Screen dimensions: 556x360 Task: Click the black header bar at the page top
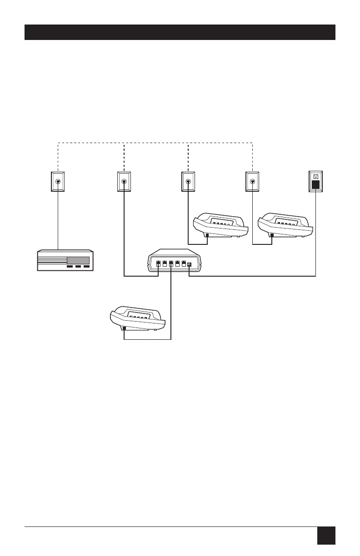(x=180, y=32)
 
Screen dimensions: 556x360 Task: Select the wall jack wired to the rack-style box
(x=58, y=181)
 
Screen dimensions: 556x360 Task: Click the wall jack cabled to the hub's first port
(x=124, y=181)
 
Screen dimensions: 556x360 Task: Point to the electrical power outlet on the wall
(x=315, y=181)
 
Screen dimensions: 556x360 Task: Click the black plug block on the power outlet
(x=315, y=185)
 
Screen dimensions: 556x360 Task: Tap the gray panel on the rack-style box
(x=80, y=260)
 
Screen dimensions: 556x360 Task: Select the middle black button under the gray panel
(x=78, y=267)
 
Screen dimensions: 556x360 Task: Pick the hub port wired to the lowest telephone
(x=171, y=264)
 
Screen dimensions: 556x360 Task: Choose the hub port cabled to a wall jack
(x=158, y=264)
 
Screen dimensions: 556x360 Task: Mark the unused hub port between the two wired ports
(x=164, y=264)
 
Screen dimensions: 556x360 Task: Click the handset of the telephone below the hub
(x=136, y=313)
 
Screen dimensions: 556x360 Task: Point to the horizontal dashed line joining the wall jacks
(x=155, y=143)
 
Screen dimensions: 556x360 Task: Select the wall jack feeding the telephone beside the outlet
(x=252, y=181)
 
